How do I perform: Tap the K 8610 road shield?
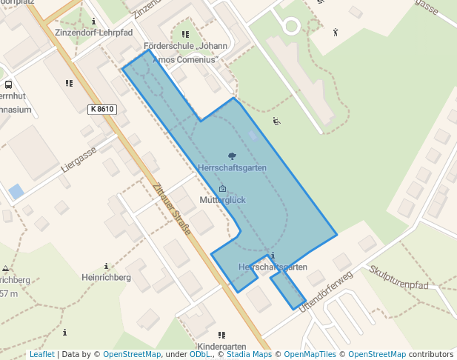(101, 109)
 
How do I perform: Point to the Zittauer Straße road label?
(173, 210)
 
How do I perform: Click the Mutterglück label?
(222, 200)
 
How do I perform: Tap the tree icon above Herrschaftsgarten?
(232, 156)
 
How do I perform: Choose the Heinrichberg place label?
(106, 277)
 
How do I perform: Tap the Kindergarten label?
(221, 347)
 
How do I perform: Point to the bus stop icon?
(8, 85)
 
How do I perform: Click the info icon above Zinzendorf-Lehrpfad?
(93, 22)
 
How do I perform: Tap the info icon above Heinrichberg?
(107, 266)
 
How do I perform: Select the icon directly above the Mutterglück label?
(222, 189)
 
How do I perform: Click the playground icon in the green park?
(277, 121)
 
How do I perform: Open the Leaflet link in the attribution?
(41, 355)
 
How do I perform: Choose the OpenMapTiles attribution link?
(310, 355)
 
